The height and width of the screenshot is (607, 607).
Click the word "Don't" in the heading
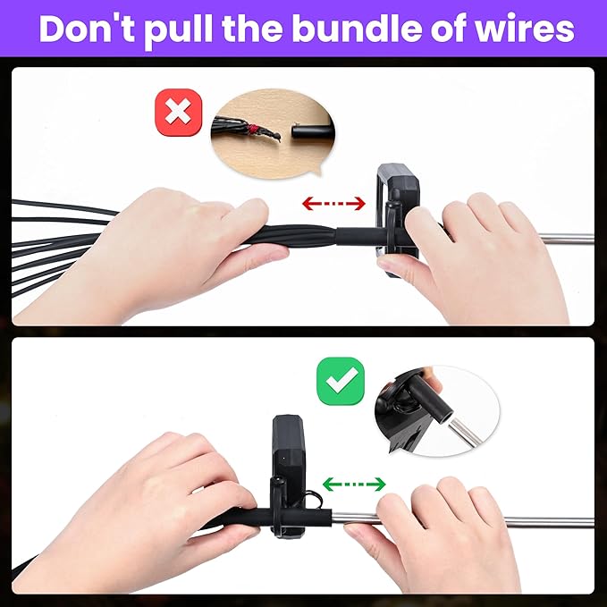click(x=87, y=29)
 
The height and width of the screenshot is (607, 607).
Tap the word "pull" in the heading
click(x=179, y=31)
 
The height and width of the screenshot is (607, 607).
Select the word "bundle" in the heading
click(x=358, y=29)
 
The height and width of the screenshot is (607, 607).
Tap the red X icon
click(x=179, y=113)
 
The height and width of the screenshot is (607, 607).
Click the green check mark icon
click(x=341, y=381)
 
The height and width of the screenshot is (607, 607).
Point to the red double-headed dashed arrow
click(x=333, y=204)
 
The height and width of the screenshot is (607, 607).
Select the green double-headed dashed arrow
click(x=354, y=485)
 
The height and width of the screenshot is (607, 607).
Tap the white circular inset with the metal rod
click(x=437, y=411)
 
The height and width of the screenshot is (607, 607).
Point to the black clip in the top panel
click(x=397, y=219)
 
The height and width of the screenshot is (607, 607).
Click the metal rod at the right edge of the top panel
click(x=566, y=239)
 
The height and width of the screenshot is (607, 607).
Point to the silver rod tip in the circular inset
click(x=465, y=433)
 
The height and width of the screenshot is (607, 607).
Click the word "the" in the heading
click(x=252, y=29)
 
